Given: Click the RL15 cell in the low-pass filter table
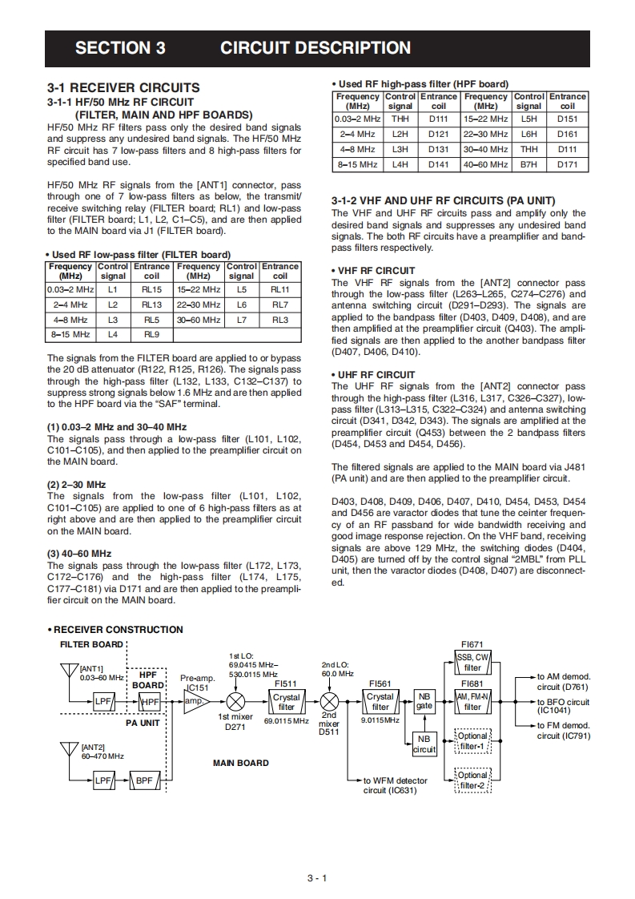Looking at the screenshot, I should [x=151, y=289].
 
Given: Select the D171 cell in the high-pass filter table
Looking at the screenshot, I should [x=567, y=164].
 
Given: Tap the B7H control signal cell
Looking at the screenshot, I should [x=528, y=164].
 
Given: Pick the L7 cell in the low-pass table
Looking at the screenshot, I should [x=241, y=320].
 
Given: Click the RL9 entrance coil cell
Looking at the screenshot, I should [x=151, y=335].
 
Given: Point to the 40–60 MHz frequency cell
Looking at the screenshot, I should [x=485, y=164].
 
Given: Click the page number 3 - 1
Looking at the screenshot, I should [x=317, y=878].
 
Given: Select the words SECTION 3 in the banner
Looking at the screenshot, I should [x=120, y=47].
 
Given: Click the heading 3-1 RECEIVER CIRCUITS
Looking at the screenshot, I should [x=123, y=87].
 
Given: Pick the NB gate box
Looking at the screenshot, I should [x=424, y=701].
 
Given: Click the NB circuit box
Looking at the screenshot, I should [x=424, y=744].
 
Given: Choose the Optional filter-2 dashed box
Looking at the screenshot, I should [x=472, y=780].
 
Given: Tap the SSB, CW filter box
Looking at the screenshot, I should [x=472, y=663].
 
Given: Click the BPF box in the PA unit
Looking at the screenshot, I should [x=144, y=780].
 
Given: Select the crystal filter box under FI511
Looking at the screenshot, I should [x=286, y=702].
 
